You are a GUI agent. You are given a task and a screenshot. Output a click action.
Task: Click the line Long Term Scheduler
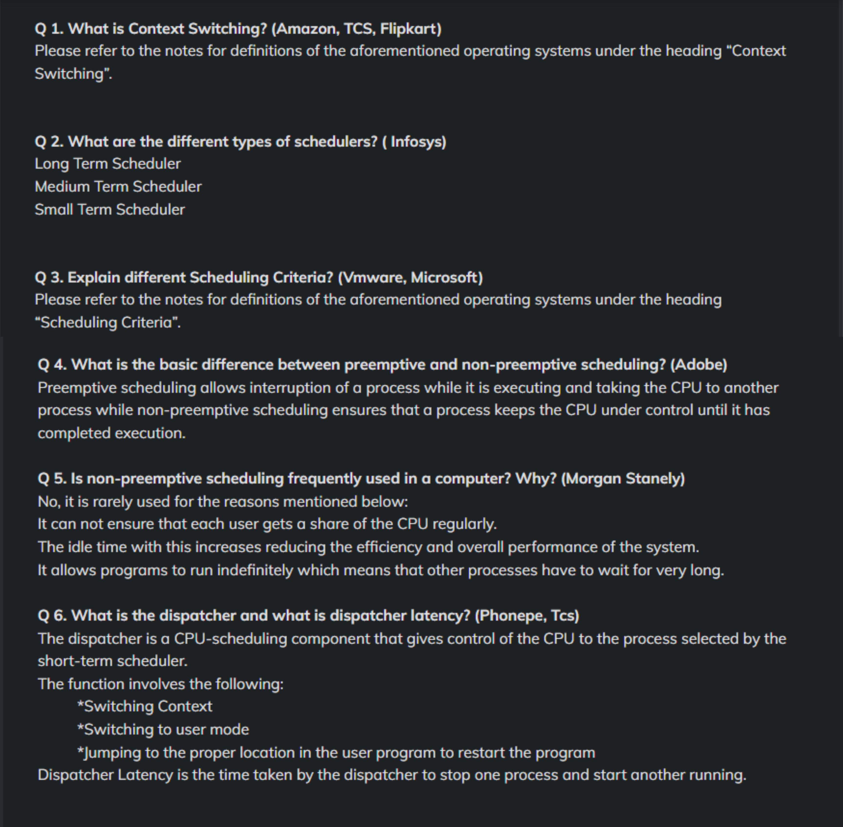(x=108, y=164)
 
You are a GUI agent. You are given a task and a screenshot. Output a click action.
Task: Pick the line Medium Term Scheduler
(x=118, y=187)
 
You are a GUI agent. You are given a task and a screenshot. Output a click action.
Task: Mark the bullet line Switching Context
(x=145, y=706)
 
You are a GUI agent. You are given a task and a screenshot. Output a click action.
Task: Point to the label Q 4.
(x=52, y=365)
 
